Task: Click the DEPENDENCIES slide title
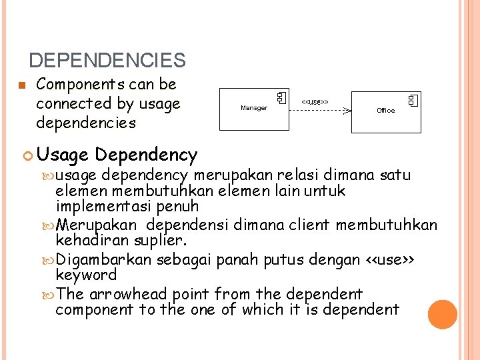pos(107,61)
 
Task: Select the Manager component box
pos(254,108)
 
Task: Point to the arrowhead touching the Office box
pos(347,111)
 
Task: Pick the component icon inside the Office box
pos(413,101)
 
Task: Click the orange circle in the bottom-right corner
pos(443,314)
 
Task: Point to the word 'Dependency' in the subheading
pos(146,155)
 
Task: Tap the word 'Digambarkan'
pos(105,259)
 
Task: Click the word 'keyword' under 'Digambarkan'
pos(86,275)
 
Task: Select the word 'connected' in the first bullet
pos(74,103)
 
